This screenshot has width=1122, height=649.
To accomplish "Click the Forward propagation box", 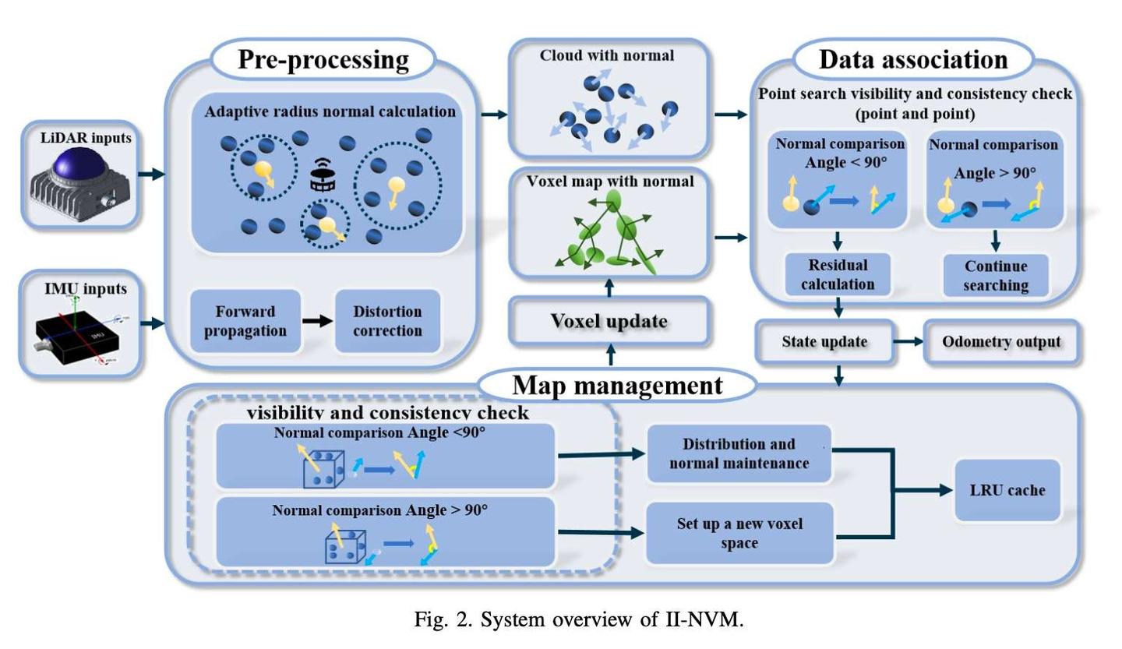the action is coord(245,321).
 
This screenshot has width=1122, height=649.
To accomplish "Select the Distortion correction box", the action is coord(388,321).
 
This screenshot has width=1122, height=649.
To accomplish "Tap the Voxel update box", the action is coord(609,320).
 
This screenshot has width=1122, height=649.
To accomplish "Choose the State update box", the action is coord(824,341).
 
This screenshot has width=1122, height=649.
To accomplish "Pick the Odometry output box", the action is coord(1001,341).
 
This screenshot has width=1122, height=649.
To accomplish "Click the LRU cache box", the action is coord(1007,490).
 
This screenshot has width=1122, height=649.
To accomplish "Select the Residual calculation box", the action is coord(838,274).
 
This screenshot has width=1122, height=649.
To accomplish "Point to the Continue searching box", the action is coord(996,276).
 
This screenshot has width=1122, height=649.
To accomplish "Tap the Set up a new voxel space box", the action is coord(740,534).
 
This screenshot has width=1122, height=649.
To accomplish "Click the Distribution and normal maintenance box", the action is coord(739,453).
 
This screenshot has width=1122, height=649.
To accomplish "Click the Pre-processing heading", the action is coord(323,59).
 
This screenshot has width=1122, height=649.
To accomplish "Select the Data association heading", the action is coord(913,59).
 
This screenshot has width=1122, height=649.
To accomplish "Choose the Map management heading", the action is coord(617,386).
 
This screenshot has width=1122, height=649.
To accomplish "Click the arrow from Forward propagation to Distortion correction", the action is coord(318,321).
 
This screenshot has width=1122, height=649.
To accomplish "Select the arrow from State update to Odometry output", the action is coord(909,341).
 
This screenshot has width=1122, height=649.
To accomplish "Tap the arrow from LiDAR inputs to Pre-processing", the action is coord(151,175).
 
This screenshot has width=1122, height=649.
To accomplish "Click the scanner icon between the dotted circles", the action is coord(323,175).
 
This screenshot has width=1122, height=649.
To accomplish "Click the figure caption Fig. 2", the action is coord(578,620).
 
